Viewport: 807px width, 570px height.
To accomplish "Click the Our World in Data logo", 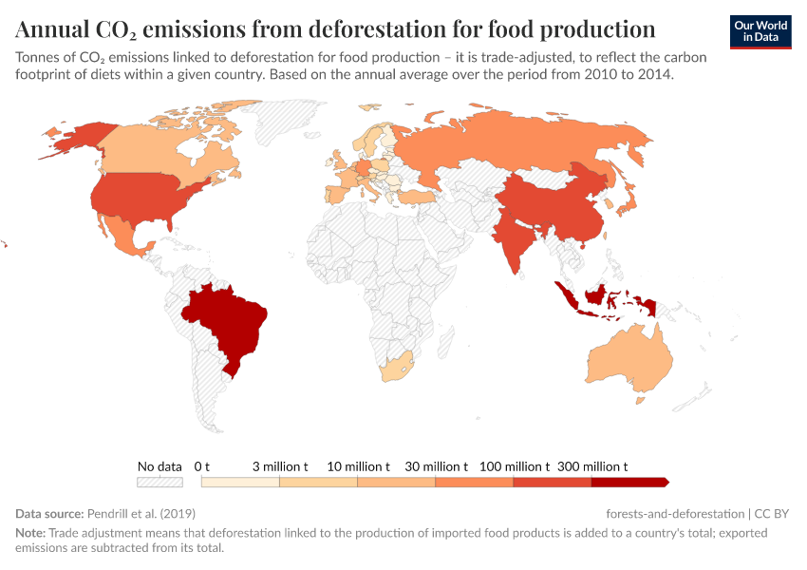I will [x=761, y=31].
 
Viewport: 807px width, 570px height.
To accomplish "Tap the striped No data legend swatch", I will [x=160, y=483].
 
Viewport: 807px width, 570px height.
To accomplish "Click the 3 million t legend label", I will [x=279, y=466].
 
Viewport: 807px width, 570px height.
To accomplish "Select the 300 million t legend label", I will [x=591, y=466].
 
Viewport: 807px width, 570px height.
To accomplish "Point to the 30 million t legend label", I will [x=436, y=466].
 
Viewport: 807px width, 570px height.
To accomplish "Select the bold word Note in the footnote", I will [x=29, y=533].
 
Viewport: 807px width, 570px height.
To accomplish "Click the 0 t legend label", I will [x=201, y=466].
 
